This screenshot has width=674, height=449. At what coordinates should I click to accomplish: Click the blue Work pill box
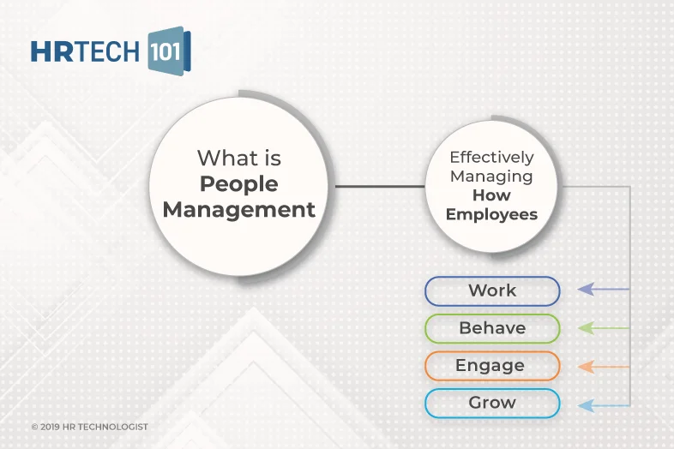492,290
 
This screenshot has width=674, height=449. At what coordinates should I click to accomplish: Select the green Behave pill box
492,328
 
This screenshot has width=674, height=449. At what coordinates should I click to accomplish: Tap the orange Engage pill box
492,366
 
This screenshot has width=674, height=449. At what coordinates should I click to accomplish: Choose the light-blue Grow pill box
492,403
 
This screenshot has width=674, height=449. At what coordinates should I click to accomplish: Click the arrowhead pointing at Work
587,290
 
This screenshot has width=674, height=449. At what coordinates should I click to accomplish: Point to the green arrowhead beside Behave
587,327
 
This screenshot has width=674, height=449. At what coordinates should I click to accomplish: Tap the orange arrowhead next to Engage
587,367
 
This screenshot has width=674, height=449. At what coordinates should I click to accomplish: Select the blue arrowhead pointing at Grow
587,404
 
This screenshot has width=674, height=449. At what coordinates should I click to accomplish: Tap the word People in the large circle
238,183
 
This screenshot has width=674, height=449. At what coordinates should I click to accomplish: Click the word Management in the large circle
238,209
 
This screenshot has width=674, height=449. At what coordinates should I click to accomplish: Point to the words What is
238,158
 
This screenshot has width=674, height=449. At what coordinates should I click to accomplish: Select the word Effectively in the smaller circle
491,158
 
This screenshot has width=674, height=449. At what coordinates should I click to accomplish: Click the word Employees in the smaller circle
491,214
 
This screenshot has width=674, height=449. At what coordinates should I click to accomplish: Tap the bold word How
491,195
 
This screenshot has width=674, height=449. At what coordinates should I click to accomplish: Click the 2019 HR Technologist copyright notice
89,426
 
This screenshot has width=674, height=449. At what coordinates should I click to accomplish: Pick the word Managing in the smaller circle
491,177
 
